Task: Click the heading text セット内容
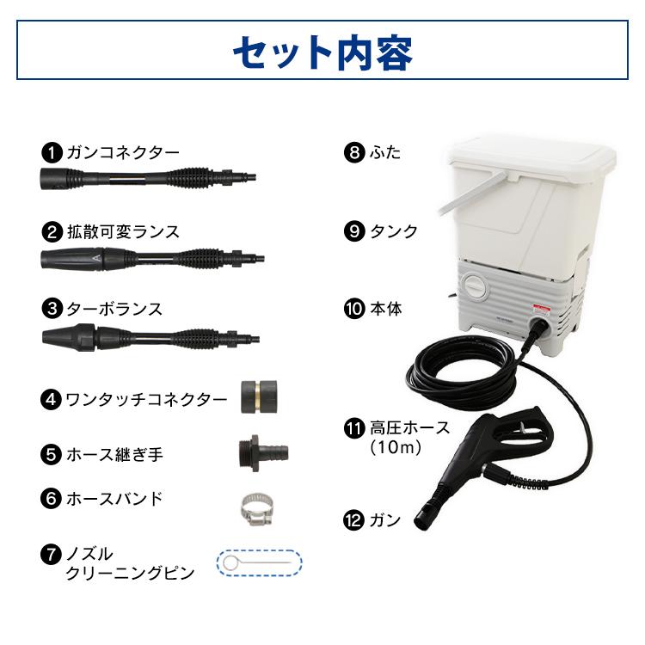click(322, 52)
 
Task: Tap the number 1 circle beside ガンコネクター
click(52, 153)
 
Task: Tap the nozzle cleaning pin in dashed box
click(259, 562)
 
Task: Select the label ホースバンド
click(114, 498)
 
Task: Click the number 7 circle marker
click(52, 554)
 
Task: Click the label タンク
click(393, 231)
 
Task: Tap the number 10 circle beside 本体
click(353, 308)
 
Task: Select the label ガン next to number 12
click(384, 519)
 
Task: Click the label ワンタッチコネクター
click(146, 400)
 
